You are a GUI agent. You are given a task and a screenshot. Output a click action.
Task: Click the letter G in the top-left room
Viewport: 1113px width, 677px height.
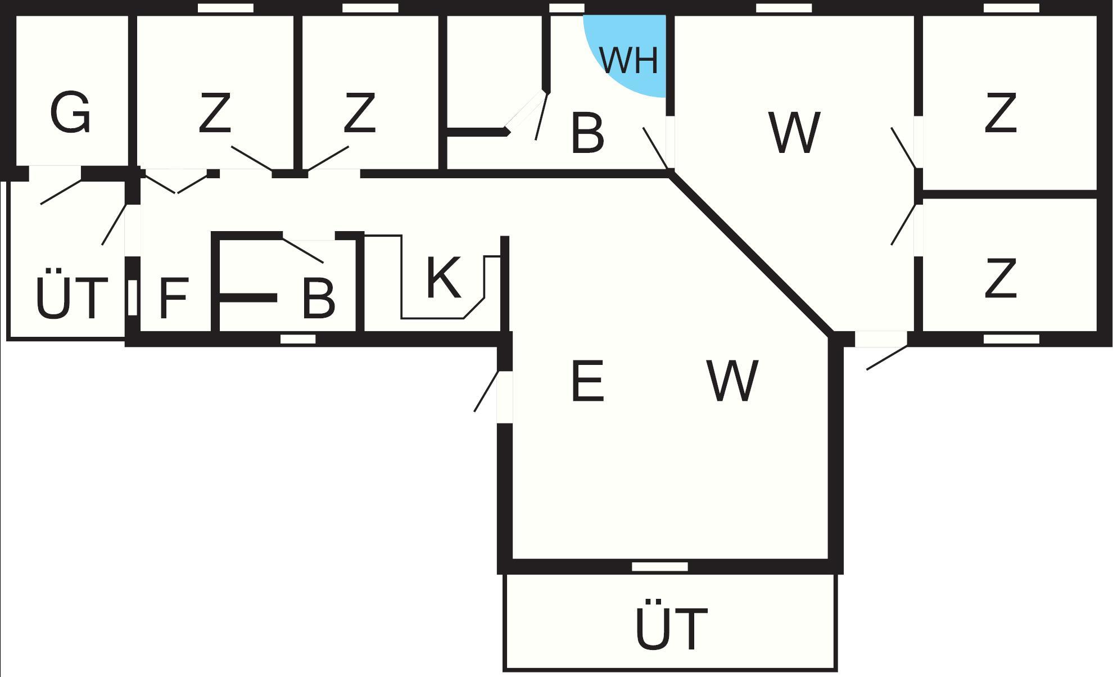click(70, 113)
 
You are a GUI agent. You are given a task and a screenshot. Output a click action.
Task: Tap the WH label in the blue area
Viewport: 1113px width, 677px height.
click(628, 60)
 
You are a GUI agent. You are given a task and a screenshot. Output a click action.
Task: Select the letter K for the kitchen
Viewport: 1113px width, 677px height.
click(444, 277)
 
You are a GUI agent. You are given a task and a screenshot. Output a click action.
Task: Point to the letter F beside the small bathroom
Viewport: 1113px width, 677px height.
click(173, 299)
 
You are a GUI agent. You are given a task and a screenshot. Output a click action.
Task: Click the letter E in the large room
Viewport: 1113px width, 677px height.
click(587, 382)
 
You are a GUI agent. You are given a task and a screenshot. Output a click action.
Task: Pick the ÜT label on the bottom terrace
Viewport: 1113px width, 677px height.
click(671, 628)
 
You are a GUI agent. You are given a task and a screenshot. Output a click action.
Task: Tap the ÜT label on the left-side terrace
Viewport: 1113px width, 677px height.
click(71, 298)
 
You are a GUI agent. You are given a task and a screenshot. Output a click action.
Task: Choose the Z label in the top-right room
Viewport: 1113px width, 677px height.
click(1001, 113)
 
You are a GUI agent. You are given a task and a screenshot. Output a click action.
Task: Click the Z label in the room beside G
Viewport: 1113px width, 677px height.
click(215, 113)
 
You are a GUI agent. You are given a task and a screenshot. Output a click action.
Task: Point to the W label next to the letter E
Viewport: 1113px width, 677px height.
click(733, 382)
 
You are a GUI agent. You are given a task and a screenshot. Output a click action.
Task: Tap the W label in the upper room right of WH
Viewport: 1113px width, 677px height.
click(794, 133)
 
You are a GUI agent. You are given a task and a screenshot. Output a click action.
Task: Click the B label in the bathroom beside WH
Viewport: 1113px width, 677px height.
click(587, 133)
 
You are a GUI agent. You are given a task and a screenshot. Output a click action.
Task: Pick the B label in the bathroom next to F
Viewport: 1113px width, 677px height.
click(318, 299)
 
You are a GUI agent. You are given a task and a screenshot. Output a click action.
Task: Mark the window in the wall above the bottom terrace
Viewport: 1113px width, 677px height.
click(660, 566)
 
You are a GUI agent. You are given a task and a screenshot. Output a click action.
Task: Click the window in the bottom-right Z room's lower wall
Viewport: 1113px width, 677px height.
click(1011, 339)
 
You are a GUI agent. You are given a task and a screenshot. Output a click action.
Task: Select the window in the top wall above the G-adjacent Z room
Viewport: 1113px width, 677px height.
click(225, 8)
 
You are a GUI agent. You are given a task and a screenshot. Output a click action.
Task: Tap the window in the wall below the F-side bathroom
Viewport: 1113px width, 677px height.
click(298, 339)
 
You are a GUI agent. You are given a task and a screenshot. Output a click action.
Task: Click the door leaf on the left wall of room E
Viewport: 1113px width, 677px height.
click(486, 391)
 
